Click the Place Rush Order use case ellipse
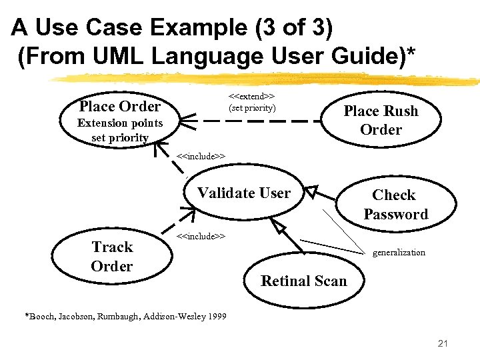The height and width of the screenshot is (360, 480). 381,120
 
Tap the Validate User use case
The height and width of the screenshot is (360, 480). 244,193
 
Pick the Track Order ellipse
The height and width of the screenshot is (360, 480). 112,257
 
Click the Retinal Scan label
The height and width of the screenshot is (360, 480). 303,281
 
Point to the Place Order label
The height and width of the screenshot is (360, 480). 119,106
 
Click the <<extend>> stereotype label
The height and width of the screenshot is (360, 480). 252,97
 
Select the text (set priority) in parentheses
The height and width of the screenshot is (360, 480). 252,108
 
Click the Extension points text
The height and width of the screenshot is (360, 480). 120,123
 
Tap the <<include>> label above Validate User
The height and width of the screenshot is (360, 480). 201,157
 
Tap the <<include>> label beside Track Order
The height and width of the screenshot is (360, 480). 201,236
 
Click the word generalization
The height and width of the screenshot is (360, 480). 399,253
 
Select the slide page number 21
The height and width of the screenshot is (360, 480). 443,344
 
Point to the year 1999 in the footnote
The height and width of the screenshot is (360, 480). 217,316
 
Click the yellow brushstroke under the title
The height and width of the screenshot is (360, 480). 267,79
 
